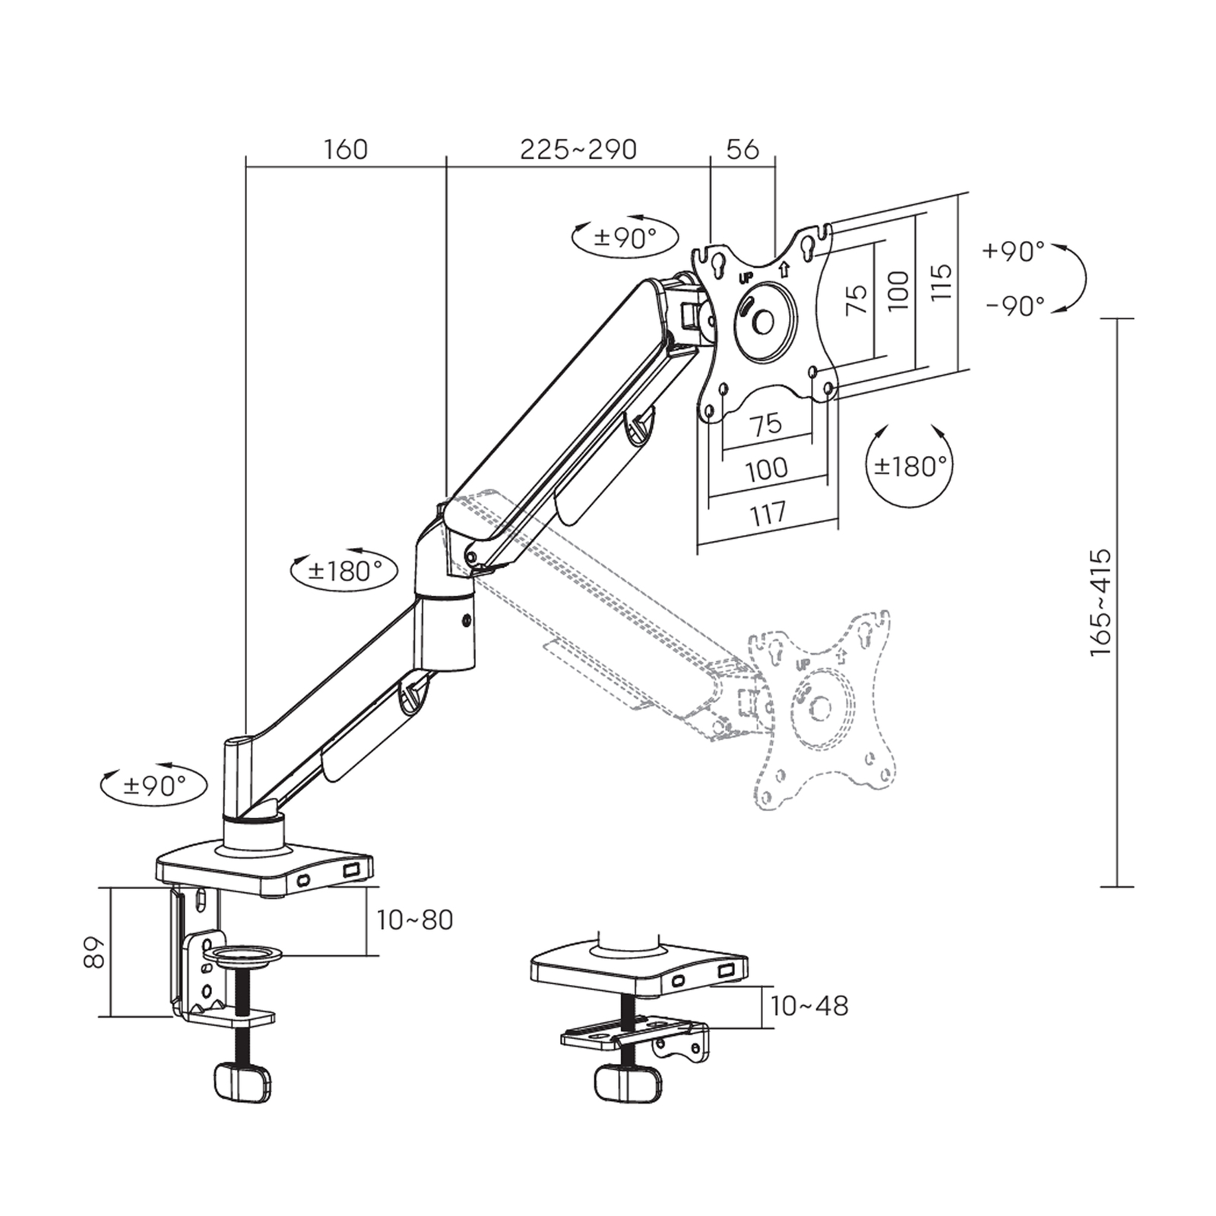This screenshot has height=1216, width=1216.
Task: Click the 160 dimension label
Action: coord(346,150)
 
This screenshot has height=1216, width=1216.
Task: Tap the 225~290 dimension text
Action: coord(578,150)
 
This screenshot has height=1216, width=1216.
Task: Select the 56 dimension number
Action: coord(743,150)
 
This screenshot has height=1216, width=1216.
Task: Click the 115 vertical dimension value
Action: coord(941,281)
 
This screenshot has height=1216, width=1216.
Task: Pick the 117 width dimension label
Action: coord(768,514)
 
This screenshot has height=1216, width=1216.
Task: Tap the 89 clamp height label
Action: coord(93,952)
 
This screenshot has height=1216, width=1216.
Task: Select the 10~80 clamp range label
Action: coord(415,920)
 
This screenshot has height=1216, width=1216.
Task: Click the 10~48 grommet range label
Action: coord(809,1006)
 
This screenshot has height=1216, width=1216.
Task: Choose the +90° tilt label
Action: coord(1014,251)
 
